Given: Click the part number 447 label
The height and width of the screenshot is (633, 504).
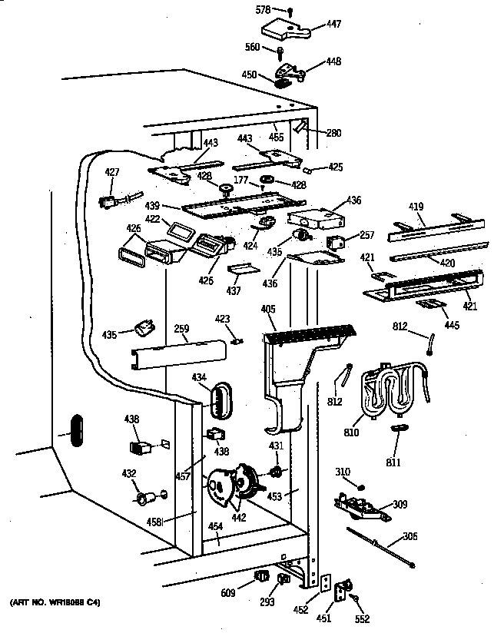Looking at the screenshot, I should (x=333, y=24).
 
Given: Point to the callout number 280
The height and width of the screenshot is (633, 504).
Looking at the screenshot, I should (x=333, y=132).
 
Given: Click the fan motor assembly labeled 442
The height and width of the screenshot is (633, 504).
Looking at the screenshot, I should (x=230, y=486).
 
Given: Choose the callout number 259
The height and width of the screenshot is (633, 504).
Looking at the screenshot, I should (x=181, y=330).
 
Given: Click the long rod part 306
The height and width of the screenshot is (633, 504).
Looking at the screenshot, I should (x=380, y=548).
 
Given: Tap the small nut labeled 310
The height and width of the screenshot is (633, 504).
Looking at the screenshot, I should (x=361, y=486).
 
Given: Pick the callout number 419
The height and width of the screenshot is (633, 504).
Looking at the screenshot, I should (x=416, y=206).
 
